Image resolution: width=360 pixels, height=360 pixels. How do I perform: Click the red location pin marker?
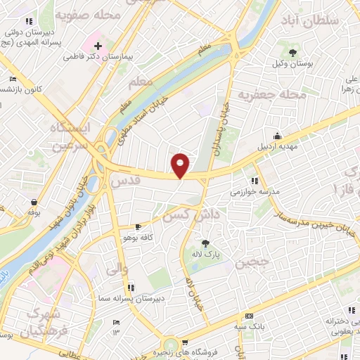click(181, 165)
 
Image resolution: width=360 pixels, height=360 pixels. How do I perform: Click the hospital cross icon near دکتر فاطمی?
click(98, 46)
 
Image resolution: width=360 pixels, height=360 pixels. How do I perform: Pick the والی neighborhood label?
click(117, 268)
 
